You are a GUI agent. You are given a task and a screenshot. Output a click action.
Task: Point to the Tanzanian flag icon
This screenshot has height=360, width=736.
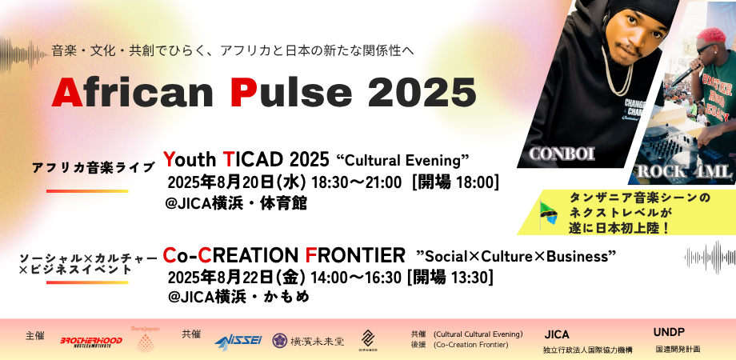pyautogui.click(x=548, y=213)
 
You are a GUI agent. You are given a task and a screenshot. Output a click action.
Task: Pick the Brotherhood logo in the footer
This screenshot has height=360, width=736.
pyautogui.click(x=92, y=342)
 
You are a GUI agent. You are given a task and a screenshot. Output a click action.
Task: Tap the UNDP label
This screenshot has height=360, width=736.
pyautogui.click(x=668, y=331)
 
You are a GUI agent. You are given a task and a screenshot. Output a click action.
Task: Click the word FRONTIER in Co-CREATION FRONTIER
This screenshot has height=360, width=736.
pyautogui.click(x=356, y=255)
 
